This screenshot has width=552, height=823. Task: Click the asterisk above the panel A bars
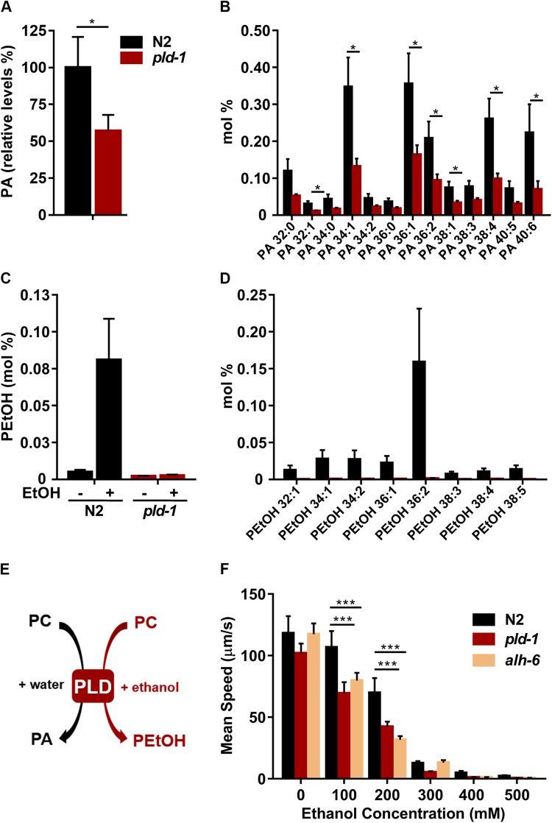tap(92, 23)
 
